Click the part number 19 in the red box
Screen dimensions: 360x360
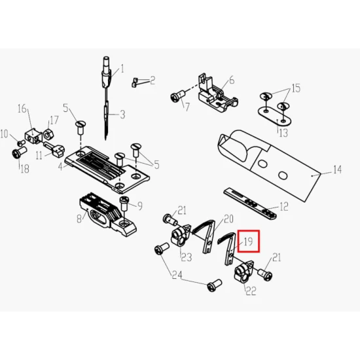click(248, 242)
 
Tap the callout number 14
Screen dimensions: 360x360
click(337, 170)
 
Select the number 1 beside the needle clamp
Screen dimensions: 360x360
click(122, 69)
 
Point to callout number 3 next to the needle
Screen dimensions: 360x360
click(122, 115)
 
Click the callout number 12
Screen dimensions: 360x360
click(284, 207)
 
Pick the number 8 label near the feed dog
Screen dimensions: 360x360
click(79, 219)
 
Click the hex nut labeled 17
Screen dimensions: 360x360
click(47, 135)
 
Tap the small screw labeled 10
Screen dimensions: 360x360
click(22, 143)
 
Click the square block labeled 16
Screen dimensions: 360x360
click(33, 136)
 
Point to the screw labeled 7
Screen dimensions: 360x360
click(178, 96)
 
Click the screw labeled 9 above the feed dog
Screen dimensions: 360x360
click(124, 204)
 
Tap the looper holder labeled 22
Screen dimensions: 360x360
click(243, 272)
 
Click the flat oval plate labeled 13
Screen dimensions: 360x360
click(275, 116)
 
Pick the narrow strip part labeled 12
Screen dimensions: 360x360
click(250, 203)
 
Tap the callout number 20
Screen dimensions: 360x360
click(228, 219)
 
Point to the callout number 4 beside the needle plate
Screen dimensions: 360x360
click(60, 167)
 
